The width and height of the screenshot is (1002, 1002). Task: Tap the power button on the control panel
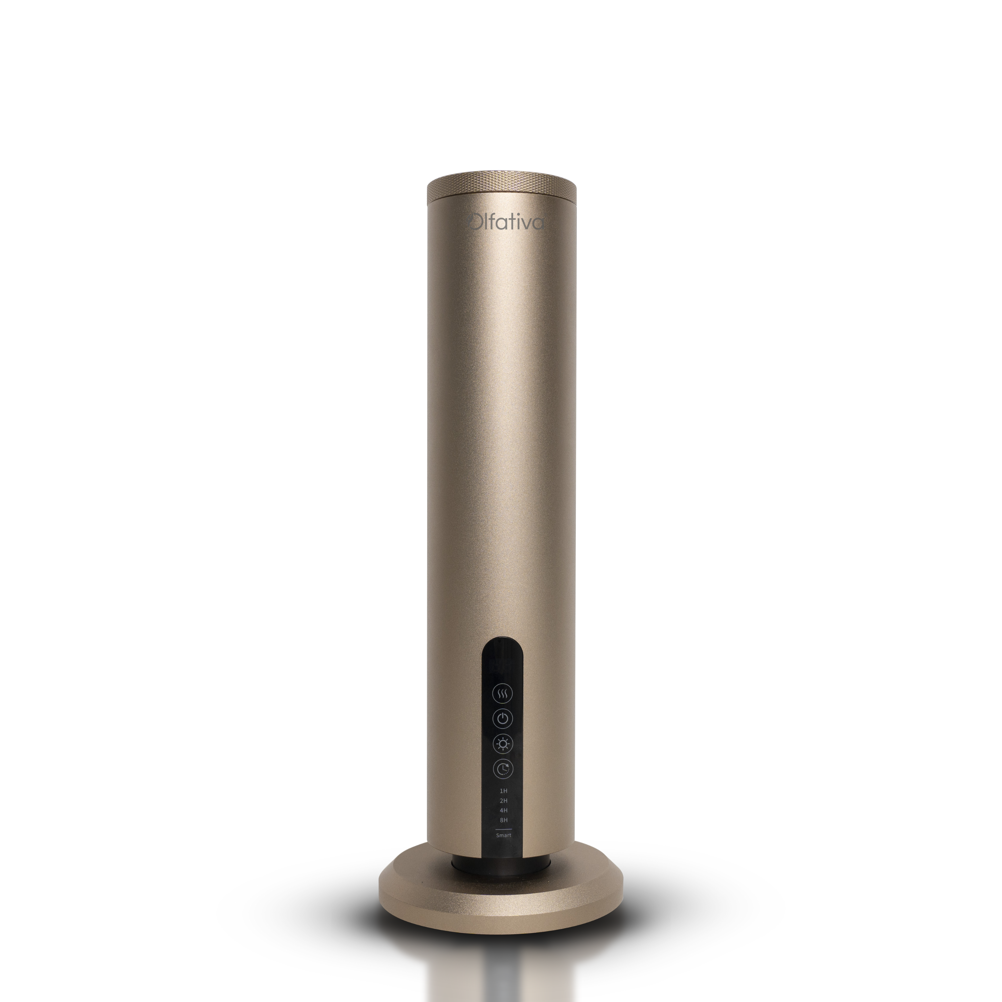point(502,718)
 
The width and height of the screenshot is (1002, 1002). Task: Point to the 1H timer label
point(503,791)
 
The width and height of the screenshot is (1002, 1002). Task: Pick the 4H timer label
point(503,810)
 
